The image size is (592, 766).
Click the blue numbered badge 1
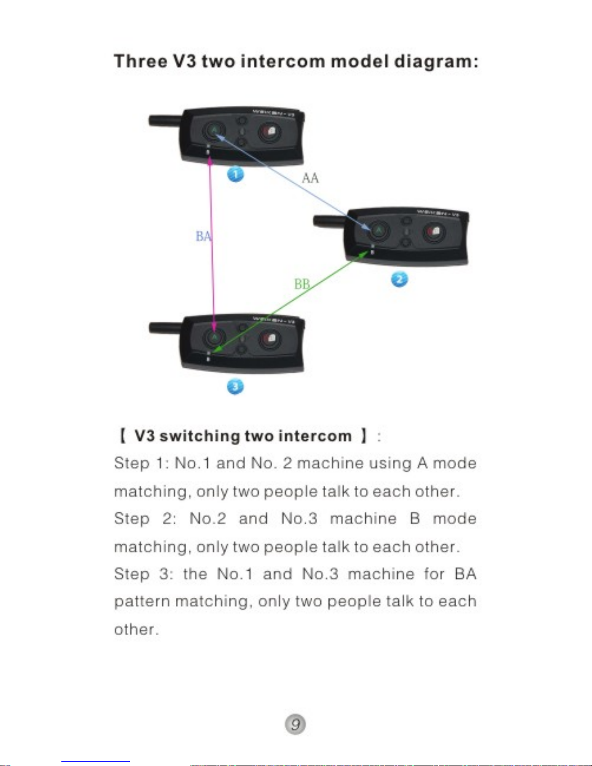tap(235, 174)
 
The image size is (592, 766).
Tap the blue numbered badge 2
tap(399, 279)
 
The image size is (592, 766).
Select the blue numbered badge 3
tap(235, 386)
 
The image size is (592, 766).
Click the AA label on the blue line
tap(310, 178)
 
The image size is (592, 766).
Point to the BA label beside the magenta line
tap(203, 236)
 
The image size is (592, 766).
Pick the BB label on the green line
tap(302, 284)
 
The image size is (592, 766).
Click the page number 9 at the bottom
tap(295, 724)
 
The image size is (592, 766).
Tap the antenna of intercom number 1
tap(165, 119)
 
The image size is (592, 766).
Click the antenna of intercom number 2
tap(329, 221)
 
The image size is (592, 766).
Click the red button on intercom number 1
tap(269, 131)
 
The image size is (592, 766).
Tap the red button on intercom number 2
tap(434, 232)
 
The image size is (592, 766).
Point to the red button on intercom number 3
tap(269, 339)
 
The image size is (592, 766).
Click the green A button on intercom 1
tap(214, 130)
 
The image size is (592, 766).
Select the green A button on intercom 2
tap(378, 231)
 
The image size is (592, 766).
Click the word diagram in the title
tap(436, 62)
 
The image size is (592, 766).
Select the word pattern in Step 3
tap(142, 602)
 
